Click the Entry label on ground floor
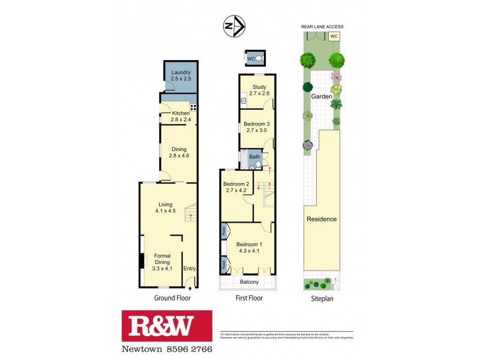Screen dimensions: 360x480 [x=190, y=268]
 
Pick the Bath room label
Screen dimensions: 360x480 [x=255, y=157]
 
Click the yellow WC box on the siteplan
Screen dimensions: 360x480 [x=334, y=37]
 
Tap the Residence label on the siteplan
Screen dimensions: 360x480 [x=322, y=219]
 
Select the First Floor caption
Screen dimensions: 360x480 [x=248, y=298]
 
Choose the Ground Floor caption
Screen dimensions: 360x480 [x=172, y=298]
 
